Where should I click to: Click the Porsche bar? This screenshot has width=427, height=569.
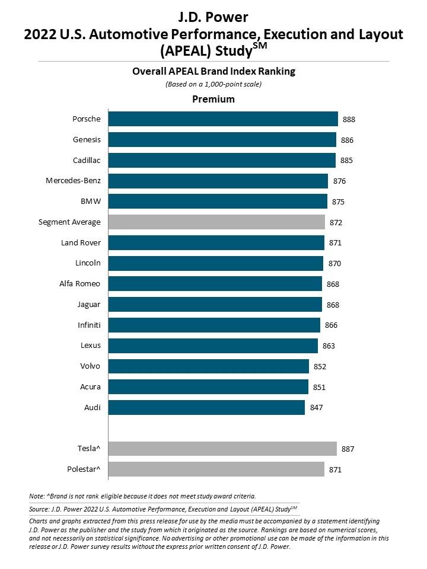223,119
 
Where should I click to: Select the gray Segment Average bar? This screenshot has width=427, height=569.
216,222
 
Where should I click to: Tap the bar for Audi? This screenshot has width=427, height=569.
206,407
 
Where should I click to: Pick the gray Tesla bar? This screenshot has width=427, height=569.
222,449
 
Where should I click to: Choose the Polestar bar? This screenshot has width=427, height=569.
216,470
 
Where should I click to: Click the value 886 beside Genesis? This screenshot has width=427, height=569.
348,140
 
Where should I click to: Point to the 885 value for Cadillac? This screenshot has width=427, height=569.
347,161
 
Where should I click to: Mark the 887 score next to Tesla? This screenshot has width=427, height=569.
348,449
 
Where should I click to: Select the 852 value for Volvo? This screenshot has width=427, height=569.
320,366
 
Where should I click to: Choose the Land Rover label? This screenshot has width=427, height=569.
81,242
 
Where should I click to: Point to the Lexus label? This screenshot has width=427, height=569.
90,346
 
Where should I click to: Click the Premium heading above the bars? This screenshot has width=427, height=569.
213,99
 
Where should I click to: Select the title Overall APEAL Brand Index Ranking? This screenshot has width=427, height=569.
213,72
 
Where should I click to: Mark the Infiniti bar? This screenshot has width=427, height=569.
214,325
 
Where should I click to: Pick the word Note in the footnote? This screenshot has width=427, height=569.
36,496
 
